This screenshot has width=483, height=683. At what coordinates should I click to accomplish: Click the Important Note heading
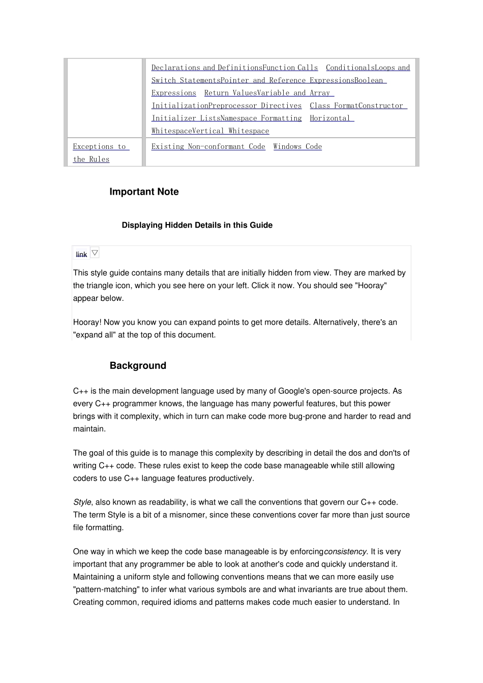[144, 192]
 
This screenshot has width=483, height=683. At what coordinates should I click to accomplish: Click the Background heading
[138, 365]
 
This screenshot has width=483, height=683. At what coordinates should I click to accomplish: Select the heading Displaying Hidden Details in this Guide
[197, 225]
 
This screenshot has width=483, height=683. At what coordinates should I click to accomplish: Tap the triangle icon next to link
[95, 253]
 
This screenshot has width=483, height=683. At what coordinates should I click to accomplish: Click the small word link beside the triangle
[81, 255]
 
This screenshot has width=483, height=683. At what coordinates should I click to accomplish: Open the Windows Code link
[297, 146]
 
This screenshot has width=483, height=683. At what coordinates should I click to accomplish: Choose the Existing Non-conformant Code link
[208, 146]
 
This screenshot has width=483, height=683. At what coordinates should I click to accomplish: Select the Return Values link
[230, 93]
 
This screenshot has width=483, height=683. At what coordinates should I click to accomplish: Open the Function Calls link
[290, 68]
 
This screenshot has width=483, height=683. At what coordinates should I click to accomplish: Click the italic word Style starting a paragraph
[82, 502]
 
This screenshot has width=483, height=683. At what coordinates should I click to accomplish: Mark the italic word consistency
[345, 551]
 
